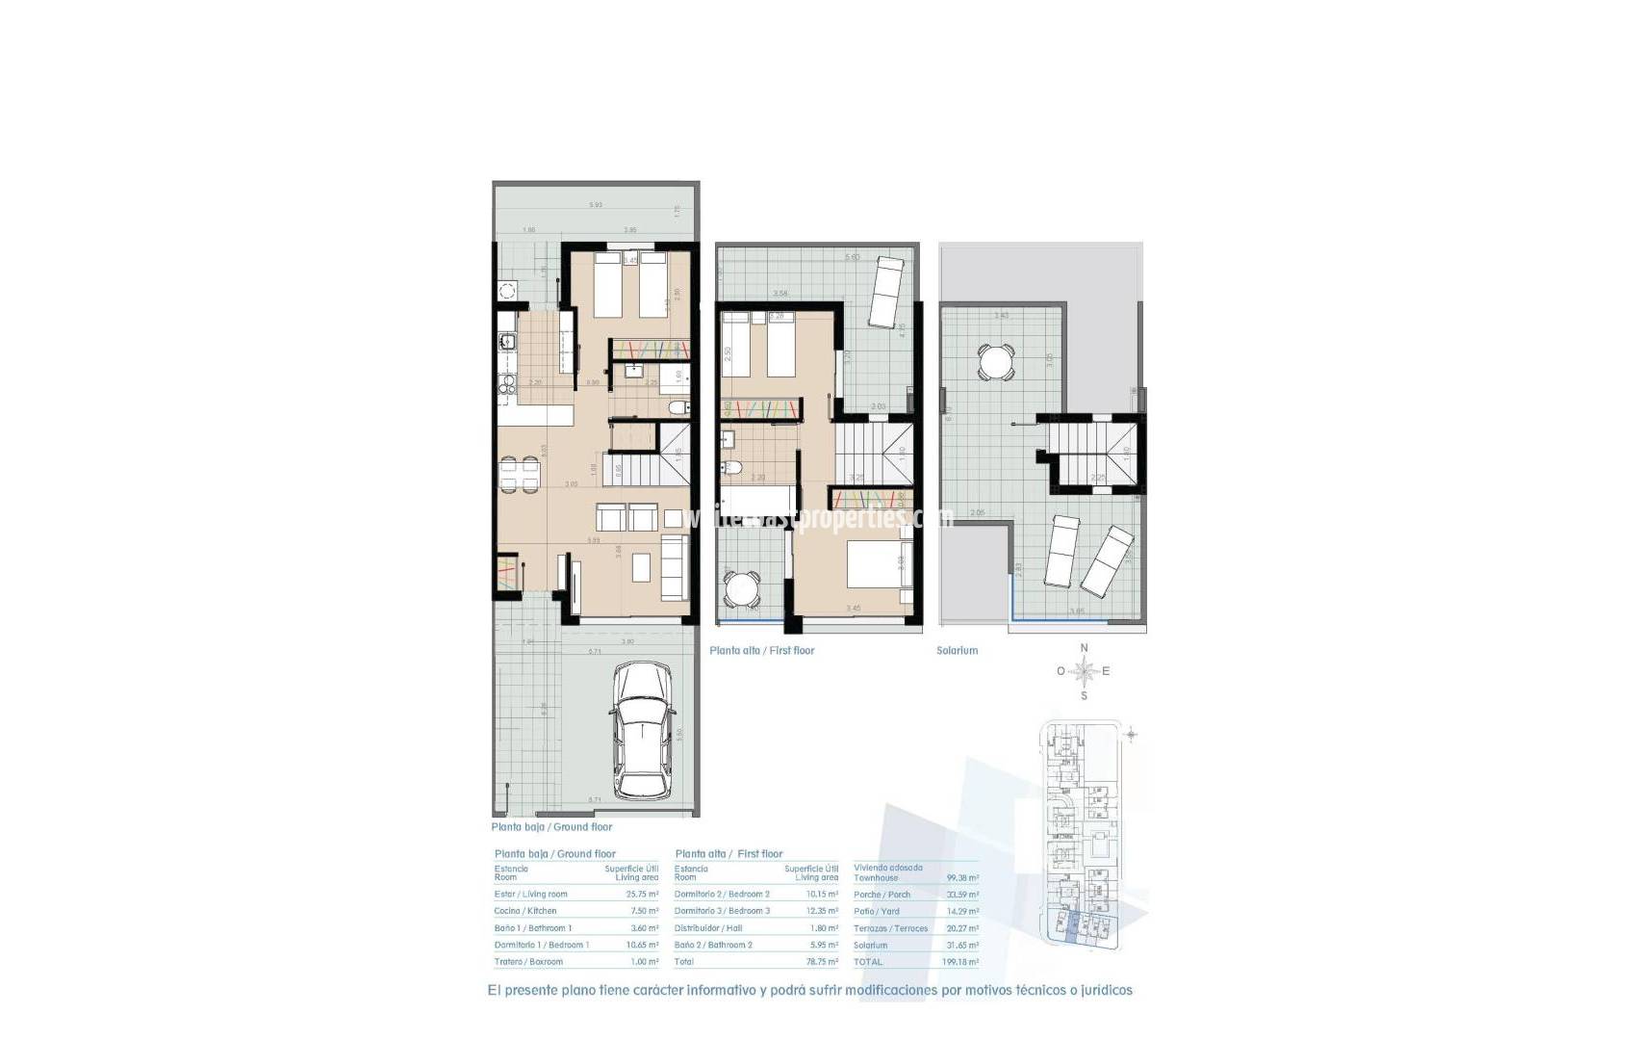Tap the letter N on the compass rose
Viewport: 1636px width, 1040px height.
(x=1084, y=648)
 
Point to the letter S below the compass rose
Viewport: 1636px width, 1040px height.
(x=1084, y=695)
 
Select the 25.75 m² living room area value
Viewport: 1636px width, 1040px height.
(x=642, y=895)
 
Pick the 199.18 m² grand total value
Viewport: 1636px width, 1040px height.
(x=962, y=962)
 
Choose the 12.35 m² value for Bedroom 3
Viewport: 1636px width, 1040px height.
(x=822, y=911)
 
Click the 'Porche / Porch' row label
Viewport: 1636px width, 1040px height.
(x=882, y=895)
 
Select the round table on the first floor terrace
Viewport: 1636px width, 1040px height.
(x=741, y=586)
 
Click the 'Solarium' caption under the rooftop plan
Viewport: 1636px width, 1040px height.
(x=957, y=651)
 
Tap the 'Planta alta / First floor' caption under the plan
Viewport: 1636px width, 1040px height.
(x=761, y=651)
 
